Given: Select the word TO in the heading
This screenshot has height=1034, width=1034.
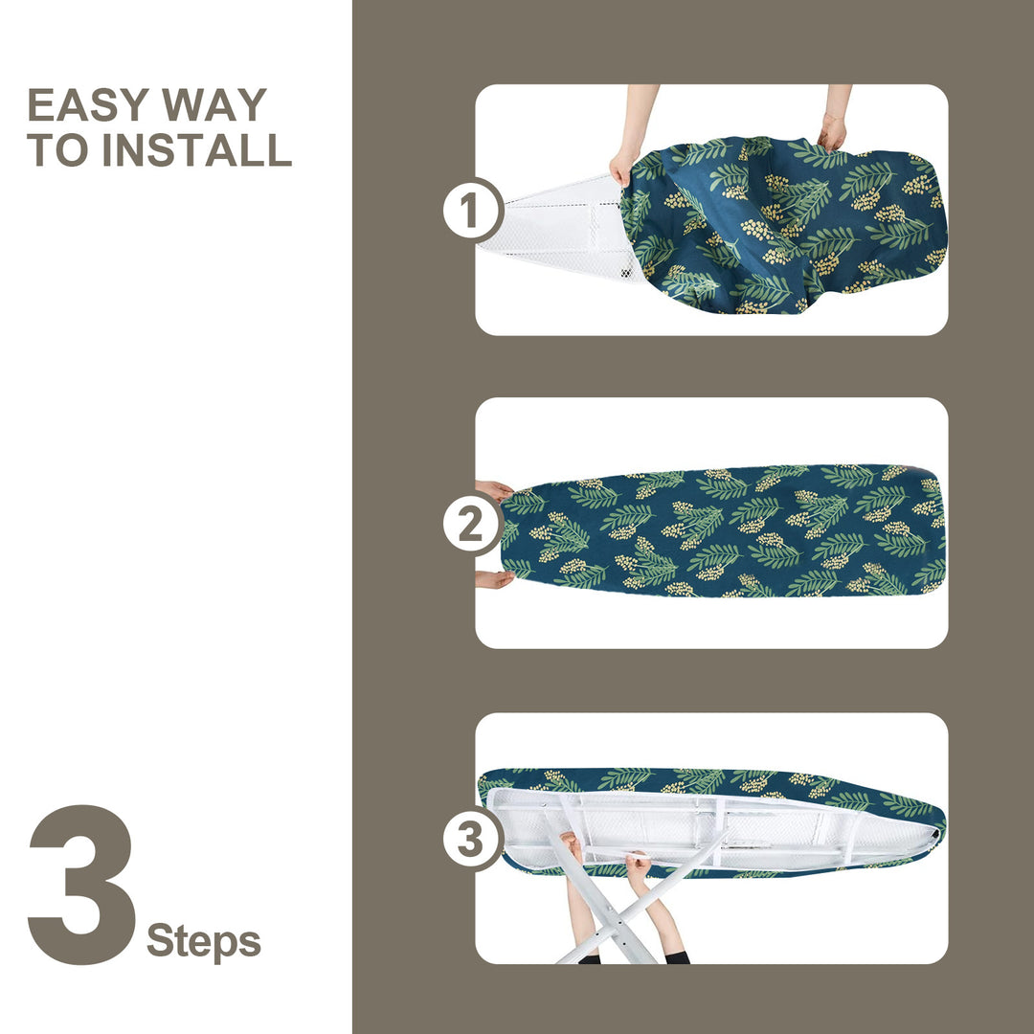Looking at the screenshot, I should [57, 150].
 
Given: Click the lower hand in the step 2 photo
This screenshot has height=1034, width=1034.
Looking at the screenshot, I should [494, 579].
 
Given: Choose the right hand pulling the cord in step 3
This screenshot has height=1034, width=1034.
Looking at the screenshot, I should [637, 866].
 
